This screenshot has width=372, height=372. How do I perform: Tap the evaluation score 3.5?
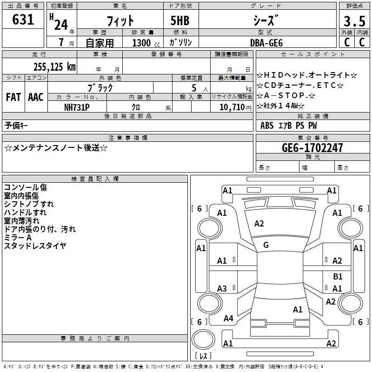click(354, 22)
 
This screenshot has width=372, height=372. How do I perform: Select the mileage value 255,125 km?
click(54, 67)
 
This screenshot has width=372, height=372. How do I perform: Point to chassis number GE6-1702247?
click(312, 148)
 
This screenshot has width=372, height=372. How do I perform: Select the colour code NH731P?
click(77, 106)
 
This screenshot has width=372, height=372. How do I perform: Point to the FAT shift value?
click(13, 97)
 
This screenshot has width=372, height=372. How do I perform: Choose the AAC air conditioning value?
click(36, 97)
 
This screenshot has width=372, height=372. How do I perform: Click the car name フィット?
click(120, 21)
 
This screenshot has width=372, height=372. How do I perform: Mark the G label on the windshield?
click(266, 245)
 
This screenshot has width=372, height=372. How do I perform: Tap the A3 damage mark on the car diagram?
click(222, 289)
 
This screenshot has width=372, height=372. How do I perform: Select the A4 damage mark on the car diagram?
click(228, 319)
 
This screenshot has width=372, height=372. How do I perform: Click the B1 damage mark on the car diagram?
click(338, 277)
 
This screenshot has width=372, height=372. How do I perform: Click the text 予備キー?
click(16, 126)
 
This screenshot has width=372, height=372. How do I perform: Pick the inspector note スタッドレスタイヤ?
click(35, 246)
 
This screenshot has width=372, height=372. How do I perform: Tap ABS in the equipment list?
click(267, 126)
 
